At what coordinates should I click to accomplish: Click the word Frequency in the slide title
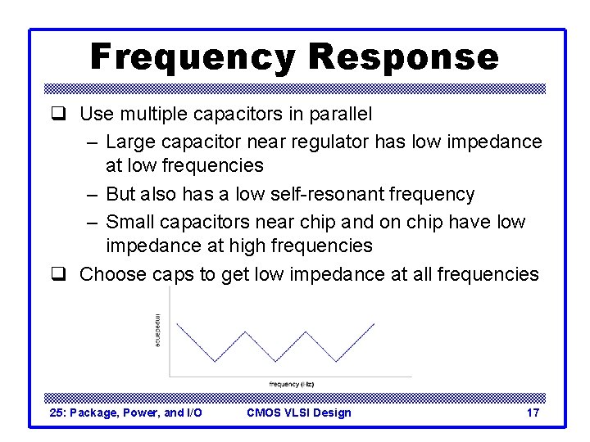coord(192,58)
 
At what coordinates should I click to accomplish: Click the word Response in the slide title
coord(405,58)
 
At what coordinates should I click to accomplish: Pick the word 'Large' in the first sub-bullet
coord(129,142)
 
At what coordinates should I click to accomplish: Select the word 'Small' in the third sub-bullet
coord(129,222)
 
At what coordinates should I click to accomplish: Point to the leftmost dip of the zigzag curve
coord(215,361)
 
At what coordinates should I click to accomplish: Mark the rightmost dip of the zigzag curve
coord(336,361)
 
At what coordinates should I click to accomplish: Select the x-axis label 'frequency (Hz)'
coord(291,384)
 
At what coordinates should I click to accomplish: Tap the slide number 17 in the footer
coord(533,413)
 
